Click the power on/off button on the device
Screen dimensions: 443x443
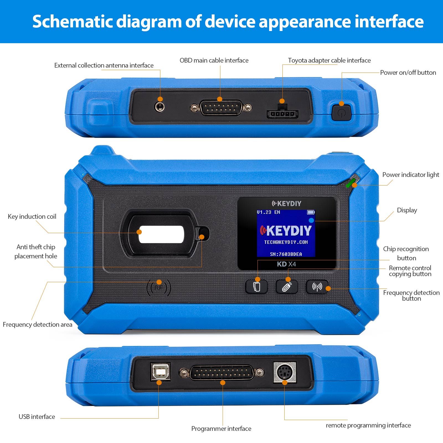(x=341, y=112)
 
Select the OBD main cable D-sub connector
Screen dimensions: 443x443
(x=221, y=107)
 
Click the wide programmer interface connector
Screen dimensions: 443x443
(x=221, y=373)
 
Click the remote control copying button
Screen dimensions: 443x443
(x=287, y=287)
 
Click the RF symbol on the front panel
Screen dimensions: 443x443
(x=159, y=288)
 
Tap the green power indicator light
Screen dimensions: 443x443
(x=351, y=183)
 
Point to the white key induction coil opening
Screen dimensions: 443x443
(x=161, y=234)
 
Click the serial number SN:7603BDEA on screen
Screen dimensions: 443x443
(x=286, y=254)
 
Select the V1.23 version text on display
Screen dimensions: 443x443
(x=264, y=212)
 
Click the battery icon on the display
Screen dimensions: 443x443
(x=311, y=212)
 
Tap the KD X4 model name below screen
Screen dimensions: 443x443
(x=286, y=264)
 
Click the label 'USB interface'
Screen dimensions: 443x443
(x=37, y=417)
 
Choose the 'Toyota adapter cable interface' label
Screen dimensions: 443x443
(x=329, y=60)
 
